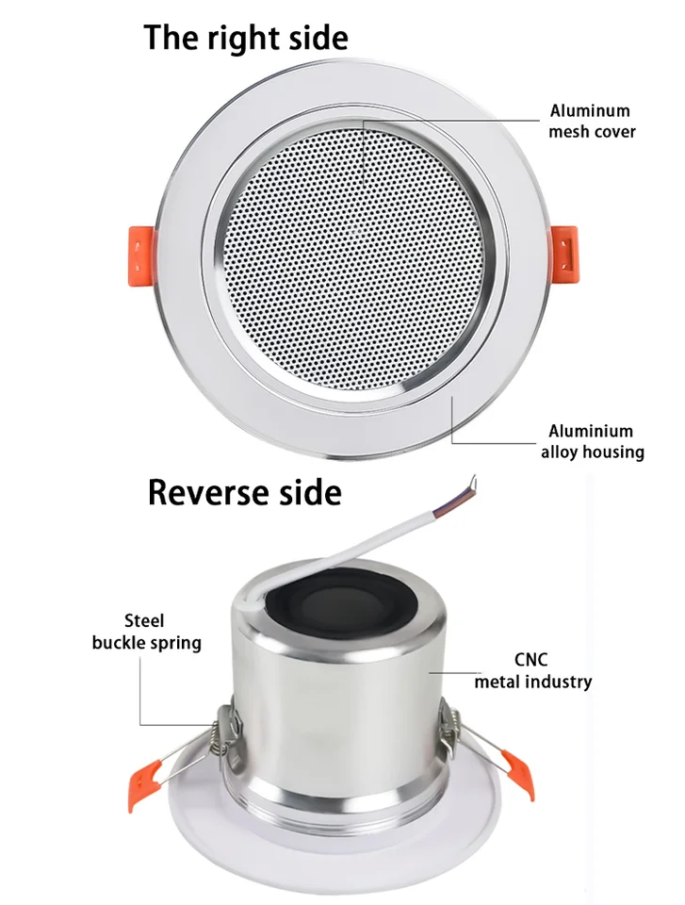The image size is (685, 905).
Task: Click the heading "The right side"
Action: tap(246, 38)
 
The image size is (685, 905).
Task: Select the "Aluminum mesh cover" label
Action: tap(592, 122)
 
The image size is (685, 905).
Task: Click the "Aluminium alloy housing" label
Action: tap(592, 441)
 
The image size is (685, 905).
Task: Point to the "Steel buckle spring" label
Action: tap(146, 632)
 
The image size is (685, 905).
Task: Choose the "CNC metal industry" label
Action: tap(532, 670)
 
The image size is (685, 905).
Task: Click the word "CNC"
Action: tap(531, 660)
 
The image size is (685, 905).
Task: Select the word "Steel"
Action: tap(144, 620)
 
